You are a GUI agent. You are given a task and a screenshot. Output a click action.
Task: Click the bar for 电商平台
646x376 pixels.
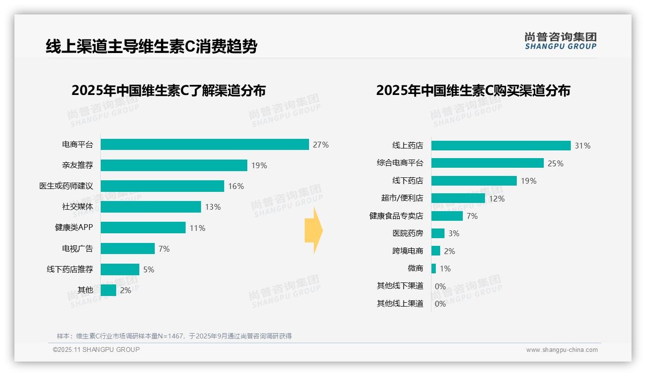tap(204, 145)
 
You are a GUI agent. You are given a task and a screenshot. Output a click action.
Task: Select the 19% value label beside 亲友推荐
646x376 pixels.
tap(259, 166)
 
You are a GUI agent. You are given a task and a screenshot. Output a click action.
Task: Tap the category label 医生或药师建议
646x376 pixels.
tap(66, 186)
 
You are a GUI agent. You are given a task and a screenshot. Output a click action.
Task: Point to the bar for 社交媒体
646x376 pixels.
tap(150, 207)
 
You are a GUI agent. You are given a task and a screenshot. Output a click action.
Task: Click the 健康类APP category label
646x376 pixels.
tap(74, 228)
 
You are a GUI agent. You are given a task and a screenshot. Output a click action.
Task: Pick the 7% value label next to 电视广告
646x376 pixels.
tap(164, 249)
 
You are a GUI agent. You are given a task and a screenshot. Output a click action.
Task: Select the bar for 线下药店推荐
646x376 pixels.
tap(120, 269)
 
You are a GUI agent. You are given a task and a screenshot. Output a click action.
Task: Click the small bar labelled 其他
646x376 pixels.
tap(108, 290)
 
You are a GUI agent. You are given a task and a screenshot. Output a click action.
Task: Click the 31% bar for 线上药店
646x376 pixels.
tap(500, 146)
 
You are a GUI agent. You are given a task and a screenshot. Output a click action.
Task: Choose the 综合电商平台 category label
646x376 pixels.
tap(400, 163)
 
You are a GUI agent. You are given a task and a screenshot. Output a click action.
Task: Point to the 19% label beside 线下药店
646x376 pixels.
tap(528, 181)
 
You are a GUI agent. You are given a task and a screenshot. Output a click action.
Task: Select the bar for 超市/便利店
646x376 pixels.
tap(458, 198)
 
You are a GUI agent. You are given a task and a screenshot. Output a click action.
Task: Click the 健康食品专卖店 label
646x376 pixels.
tap(396, 216)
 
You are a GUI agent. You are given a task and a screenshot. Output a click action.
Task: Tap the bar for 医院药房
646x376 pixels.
tap(438, 233)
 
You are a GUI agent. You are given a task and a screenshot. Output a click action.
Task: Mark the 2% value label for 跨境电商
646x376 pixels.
tap(449, 251)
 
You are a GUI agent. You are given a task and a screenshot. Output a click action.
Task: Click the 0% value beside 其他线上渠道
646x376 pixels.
tap(440, 304)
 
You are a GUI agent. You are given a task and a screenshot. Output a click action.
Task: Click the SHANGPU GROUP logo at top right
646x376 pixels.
tap(560, 41)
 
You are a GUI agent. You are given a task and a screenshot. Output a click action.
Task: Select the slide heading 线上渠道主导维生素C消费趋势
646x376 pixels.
tap(151, 47)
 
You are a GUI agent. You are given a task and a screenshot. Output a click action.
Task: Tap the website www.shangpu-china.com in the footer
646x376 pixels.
tap(562, 350)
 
